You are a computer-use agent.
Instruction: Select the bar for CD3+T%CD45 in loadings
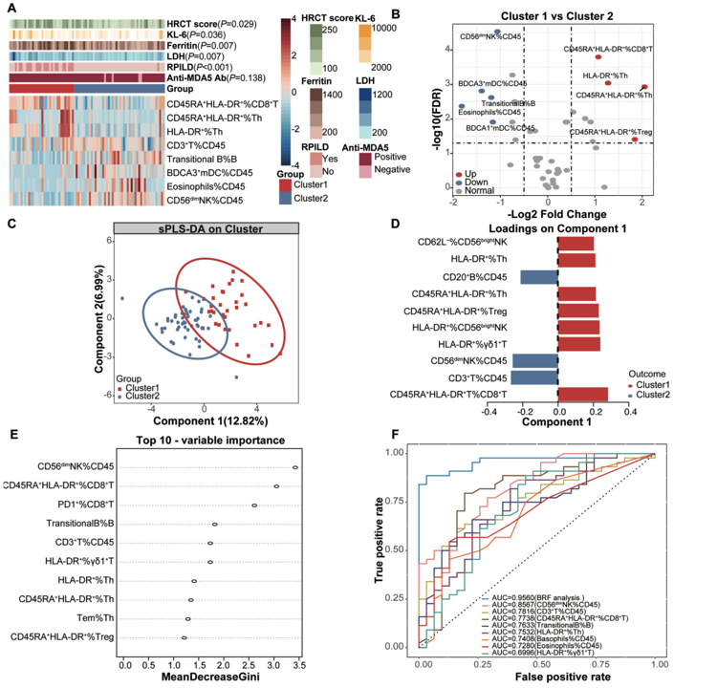coord(533,377)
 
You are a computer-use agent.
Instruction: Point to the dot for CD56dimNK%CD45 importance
coord(295,467)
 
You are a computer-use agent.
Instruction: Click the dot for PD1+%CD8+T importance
coord(254,505)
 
